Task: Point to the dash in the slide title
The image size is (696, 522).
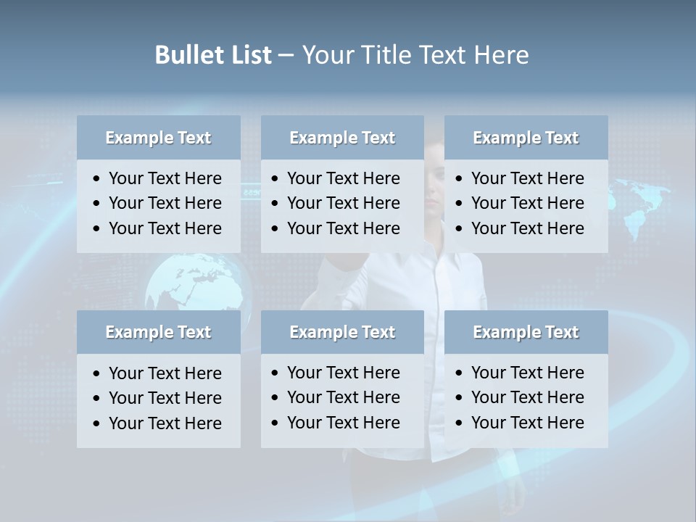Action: click(286, 55)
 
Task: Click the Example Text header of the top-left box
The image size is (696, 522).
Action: click(158, 138)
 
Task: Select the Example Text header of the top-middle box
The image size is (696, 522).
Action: click(342, 138)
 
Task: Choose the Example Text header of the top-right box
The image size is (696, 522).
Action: click(526, 138)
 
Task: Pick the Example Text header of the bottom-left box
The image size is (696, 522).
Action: click(158, 332)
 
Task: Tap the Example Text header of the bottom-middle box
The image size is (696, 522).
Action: click(342, 332)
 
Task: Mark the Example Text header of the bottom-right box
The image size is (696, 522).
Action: click(526, 332)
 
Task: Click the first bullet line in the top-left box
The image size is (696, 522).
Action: click(165, 178)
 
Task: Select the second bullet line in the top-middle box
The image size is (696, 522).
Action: click(343, 203)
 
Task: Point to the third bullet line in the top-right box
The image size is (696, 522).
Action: click(527, 228)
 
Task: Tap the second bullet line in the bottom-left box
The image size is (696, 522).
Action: click(165, 398)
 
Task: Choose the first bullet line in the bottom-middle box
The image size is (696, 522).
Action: click(343, 373)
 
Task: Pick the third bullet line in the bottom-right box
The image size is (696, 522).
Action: click(527, 423)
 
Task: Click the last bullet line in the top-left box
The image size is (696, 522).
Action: click(165, 228)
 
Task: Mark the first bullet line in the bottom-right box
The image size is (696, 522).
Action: click(527, 373)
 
